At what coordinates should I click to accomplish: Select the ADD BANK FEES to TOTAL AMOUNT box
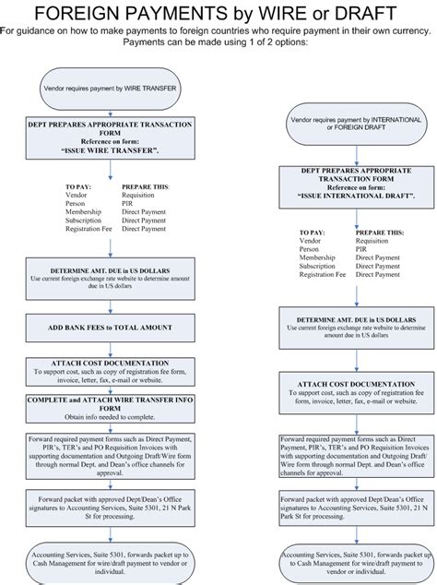[x=110, y=328]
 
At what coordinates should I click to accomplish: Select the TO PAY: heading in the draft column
[x=314, y=232]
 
